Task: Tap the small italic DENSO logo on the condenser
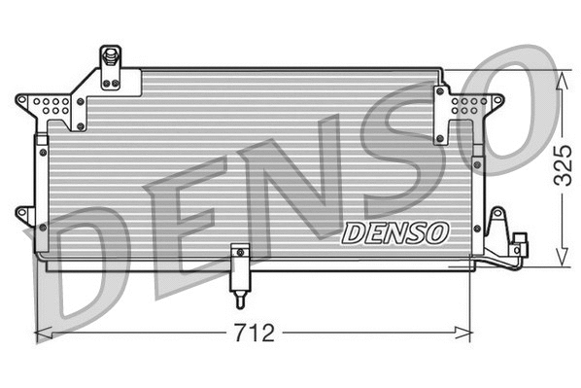pyautogui.click(x=395, y=232)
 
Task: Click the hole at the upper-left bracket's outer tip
pyautogui.click(x=24, y=99)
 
